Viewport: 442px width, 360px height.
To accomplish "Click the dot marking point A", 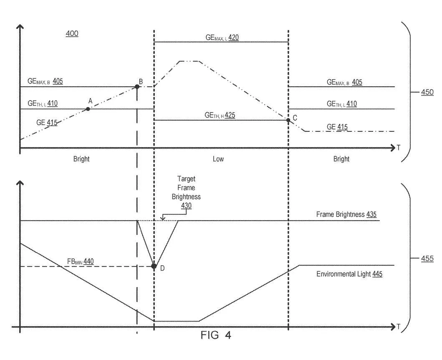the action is pyautogui.click(x=88, y=109).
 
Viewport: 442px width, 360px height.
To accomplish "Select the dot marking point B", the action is pyautogui.click(x=137, y=87).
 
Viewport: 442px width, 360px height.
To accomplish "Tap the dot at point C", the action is pyautogui.click(x=288, y=120).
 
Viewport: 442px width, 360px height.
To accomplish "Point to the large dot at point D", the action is pyautogui.click(x=154, y=266).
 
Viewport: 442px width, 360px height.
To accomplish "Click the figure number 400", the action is pyautogui.click(x=72, y=33).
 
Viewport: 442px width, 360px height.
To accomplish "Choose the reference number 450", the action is pyautogui.click(x=427, y=92).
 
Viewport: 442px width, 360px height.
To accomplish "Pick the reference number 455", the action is pyautogui.click(x=427, y=258).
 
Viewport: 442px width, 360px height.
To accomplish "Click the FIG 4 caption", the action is pyautogui.click(x=216, y=335).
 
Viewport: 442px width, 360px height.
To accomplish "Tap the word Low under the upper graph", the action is pyautogui.click(x=218, y=159).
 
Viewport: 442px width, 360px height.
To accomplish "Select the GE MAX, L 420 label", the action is pyautogui.click(x=222, y=38).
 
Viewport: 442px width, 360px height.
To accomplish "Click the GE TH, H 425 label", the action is pyautogui.click(x=220, y=115).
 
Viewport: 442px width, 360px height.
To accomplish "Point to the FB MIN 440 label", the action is pyautogui.click(x=80, y=262).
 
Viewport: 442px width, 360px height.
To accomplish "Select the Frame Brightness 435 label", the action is pyautogui.click(x=346, y=214).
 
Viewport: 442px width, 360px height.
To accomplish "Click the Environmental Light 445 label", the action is pyautogui.click(x=349, y=274).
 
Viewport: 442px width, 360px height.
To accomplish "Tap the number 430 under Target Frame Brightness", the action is pyautogui.click(x=186, y=206).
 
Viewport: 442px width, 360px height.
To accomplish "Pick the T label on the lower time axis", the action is pyautogui.click(x=399, y=327).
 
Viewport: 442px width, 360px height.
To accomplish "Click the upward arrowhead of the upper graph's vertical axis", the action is pyautogui.click(x=20, y=27).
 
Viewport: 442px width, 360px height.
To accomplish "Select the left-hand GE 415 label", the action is pyautogui.click(x=47, y=123).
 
